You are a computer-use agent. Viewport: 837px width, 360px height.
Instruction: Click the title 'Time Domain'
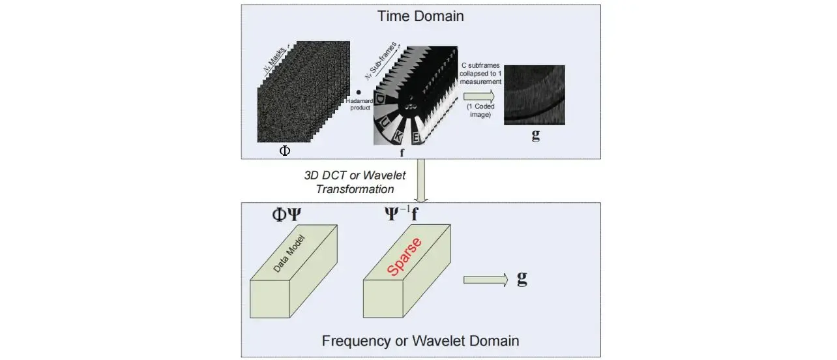(x=420, y=16)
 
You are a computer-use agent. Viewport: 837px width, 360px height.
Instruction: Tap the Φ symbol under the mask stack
(x=284, y=149)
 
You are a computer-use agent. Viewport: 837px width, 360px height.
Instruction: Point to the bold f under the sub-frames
(x=402, y=154)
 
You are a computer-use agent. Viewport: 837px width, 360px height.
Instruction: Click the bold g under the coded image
(x=536, y=136)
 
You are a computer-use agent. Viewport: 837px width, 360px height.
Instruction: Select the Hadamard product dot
(x=359, y=93)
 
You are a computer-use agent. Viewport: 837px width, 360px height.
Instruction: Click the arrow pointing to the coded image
(x=478, y=97)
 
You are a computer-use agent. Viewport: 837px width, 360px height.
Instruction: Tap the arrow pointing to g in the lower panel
(x=485, y=280)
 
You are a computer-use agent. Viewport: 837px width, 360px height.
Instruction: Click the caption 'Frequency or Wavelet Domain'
(x=420, y=340)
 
